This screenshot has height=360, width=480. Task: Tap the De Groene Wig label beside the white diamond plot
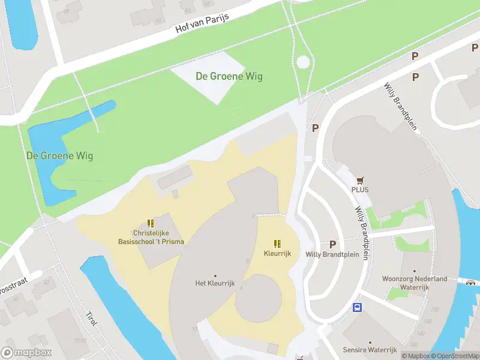[229, 76]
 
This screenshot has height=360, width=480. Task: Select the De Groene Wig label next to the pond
[59, 155]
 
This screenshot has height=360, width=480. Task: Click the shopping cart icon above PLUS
[360, 179]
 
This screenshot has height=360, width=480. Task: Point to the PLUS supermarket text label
[360, 190]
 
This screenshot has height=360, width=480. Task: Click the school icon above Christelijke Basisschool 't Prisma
[151, 223]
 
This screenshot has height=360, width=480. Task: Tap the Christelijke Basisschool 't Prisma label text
[151, 237]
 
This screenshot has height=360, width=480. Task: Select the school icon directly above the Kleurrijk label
[277, 244]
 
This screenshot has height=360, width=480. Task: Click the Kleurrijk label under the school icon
[277, 254]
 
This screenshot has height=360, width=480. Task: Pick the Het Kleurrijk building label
[214, 283]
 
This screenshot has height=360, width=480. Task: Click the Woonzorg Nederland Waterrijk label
[415, 283]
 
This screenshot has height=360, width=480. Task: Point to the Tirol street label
[91, 319]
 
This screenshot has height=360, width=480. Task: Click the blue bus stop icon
[357, 308]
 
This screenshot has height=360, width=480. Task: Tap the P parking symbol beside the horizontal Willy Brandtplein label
[332, 244]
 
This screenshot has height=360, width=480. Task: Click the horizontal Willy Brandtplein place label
[332, 254]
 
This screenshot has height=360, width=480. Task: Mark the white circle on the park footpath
[304, 62]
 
